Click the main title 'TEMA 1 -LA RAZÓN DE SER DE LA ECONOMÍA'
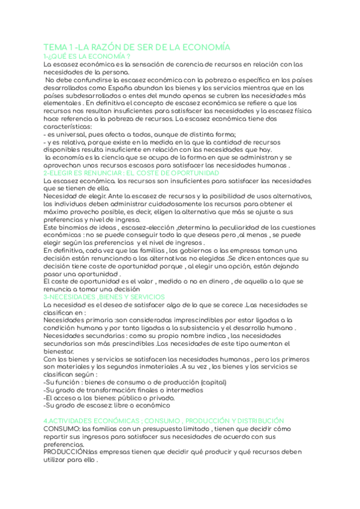click(x=137, y=47)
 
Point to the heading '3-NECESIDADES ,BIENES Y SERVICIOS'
click(x=104, y=297)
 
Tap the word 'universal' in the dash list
click(x=73, y=134)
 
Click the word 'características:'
click(x=68, y=127)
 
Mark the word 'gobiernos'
click(x=209, y=250)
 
